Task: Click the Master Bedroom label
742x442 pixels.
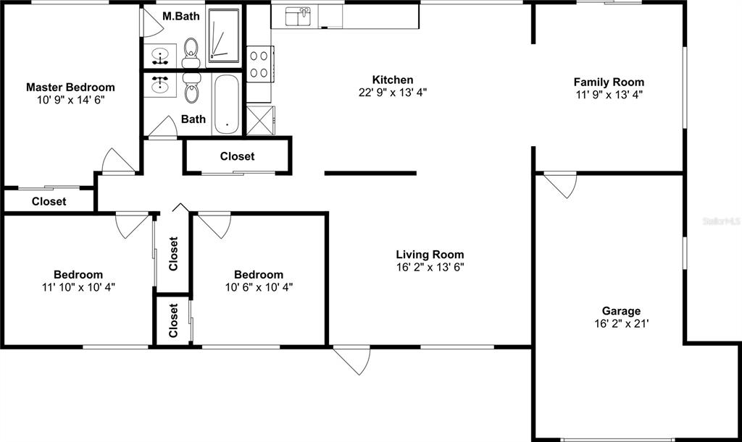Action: pyautogui.click(x=70, y=88)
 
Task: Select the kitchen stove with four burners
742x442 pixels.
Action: pyautogui.click(x=259, y=63)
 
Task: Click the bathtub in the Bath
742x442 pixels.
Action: pyautogui.click(x=227, y=104)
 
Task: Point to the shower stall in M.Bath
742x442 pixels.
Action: pyautogui.click(x=223, y=33)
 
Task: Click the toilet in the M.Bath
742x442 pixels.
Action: pyautogui.click(x=191, y=49)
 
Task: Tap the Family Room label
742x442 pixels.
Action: pyautogui.click(x=609, y=82)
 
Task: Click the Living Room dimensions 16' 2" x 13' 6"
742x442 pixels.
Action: pyautogui.click(x=430, y=267)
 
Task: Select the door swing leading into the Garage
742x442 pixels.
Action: pyautogui.click(x=560, y=184)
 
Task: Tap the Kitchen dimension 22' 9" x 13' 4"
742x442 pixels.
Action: pyautogui.click(x=393, y=93)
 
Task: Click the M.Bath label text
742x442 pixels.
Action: pyautogui.click(x=176, y=16)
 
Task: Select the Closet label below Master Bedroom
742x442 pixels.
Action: pyautogui.click(x=49, y=202)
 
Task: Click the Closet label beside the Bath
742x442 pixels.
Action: pyautogui.click(x=237, y=156)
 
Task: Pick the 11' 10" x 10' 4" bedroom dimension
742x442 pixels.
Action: pyautogui.click(x=78, y=286)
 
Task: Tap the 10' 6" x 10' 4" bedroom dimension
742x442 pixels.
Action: pyautogui.click(x=259, y=286)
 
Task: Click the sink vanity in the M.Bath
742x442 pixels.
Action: pyautogui.click(x=161, y=54)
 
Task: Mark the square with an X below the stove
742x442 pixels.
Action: pyautogui.click(x=259, y=120)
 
